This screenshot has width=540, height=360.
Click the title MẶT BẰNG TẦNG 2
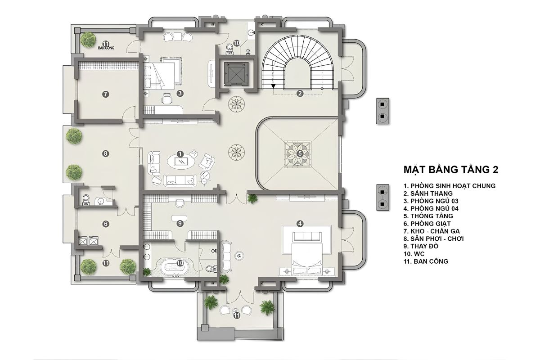451,169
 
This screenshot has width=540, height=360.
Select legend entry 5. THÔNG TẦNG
428,216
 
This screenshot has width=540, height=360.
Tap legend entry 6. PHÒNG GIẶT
427,224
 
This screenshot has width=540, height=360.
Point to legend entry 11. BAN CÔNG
426,261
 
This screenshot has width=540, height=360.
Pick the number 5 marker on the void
300,153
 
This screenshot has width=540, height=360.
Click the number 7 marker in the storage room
105,94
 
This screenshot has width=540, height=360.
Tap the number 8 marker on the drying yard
105,153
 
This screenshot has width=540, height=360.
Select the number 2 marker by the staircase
300,93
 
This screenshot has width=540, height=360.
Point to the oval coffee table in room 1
181,161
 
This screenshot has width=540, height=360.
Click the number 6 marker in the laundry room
106,224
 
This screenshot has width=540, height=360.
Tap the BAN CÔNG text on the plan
106,48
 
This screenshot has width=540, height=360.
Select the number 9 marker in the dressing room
180,224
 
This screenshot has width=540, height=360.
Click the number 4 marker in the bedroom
300,224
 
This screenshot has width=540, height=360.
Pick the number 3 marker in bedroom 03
180,94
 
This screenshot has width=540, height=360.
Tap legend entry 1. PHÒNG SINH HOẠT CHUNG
450,186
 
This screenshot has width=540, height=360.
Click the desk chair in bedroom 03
166,99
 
